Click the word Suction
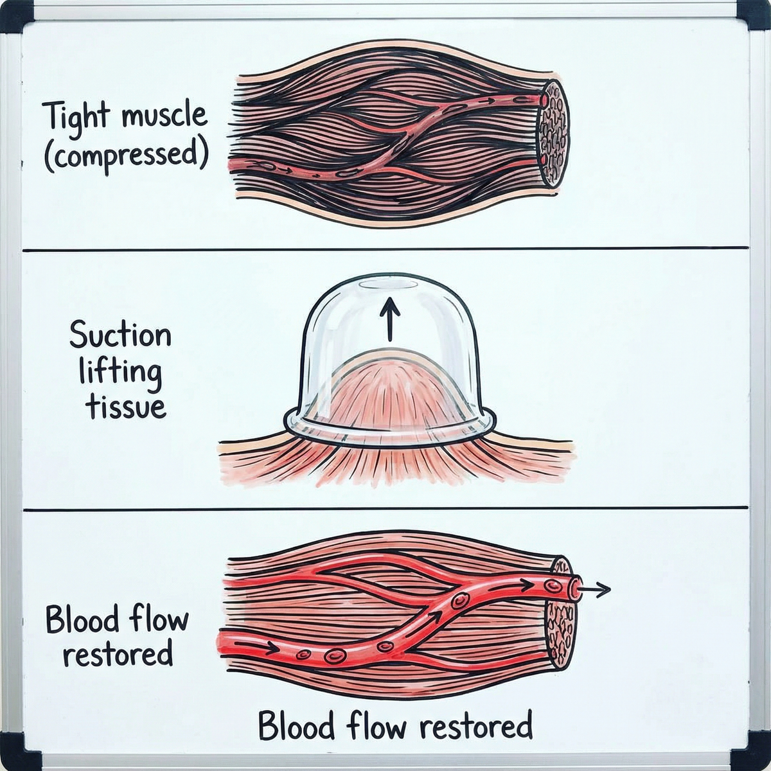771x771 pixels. [120, 335]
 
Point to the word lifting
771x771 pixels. [120, 373]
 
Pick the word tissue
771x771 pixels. [126, 406]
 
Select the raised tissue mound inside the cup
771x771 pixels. [389, 398]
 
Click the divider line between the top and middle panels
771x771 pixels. [385, 248]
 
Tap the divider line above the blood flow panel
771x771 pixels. [385, 509]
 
